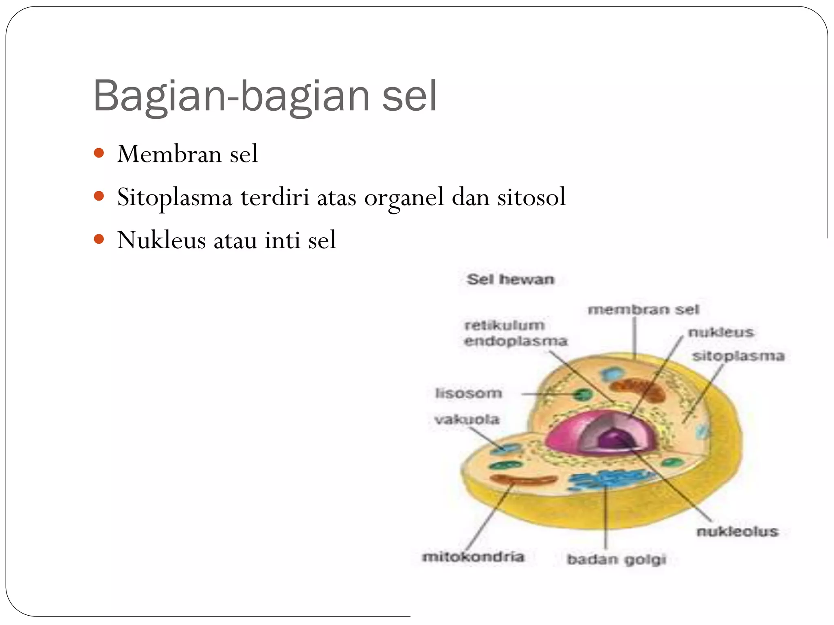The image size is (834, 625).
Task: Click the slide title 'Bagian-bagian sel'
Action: [265, 96]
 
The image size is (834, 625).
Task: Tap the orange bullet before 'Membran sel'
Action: [99, 153]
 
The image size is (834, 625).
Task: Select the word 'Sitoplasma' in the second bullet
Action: [174, 197]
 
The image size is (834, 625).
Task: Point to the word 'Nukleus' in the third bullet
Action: [161, 240]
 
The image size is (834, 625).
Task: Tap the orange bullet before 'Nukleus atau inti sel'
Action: [99, 239]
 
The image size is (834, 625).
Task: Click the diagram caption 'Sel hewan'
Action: [510, 280]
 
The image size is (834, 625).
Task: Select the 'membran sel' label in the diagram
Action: [643, 310]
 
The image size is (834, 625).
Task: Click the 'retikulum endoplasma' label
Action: [515, 333]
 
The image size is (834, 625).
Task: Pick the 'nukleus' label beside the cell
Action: [721, 332]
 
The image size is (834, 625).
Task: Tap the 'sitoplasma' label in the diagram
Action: [738, 356]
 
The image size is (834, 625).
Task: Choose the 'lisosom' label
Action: [468, 393]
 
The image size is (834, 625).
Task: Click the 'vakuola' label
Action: [467, 420]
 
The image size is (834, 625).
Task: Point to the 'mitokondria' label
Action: [473, 557]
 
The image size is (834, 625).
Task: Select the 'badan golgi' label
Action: [616, 559]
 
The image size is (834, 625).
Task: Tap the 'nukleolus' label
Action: [737, 531]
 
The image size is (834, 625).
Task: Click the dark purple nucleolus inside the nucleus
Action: [615, 439]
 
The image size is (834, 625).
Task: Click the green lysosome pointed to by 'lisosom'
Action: [583, 394]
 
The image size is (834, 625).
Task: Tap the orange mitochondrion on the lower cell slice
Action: [523, 480]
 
